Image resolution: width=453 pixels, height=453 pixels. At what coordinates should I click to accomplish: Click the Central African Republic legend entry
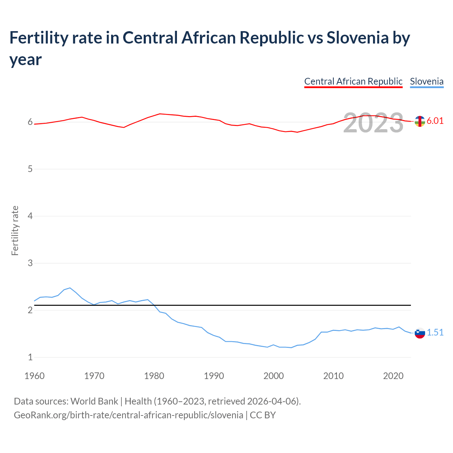click(353, 81)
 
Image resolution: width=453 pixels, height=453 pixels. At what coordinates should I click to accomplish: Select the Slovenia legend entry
click(426, 81)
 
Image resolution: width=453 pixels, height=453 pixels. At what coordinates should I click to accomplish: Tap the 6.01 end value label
click(435, 121)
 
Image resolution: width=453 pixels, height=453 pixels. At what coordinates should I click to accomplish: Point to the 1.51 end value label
click(435, 332)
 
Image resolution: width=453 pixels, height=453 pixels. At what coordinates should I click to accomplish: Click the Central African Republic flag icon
click(420, 121)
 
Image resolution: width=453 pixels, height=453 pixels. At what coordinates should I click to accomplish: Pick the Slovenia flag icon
click(420, 333)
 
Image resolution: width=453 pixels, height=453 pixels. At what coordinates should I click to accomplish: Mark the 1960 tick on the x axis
click(34, 376)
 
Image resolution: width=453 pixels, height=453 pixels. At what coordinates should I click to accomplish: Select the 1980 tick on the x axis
click(154, 376)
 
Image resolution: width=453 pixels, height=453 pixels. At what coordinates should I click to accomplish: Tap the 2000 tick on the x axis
click(274, 376)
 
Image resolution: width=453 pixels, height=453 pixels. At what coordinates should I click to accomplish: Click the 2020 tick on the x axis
click(393, 376)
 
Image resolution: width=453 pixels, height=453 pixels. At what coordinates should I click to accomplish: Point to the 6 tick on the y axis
click(30, 122)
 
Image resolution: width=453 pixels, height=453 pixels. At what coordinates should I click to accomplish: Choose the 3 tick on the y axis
click(30, 263)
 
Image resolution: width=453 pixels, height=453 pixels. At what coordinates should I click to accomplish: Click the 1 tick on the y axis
click(30, 357)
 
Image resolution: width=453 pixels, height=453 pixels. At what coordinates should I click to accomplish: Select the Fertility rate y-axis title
click(15, 230)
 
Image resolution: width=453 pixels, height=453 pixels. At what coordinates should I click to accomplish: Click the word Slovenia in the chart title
click(357, 38)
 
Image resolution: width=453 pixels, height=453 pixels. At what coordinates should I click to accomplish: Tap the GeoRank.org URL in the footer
click(128, 415)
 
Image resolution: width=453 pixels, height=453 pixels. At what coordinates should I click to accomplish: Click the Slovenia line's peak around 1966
click(70, 288)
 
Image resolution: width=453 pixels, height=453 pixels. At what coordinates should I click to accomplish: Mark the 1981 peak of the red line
click(160, 114)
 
